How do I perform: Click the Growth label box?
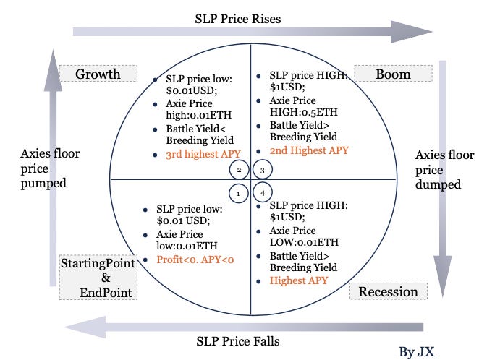[98, 74]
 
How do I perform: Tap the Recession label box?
[389, 291]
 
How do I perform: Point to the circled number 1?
[237, 193]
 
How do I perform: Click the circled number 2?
[237, 170]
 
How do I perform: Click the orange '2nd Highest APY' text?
[309, 150]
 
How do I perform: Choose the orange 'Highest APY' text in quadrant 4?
[300, 280]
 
